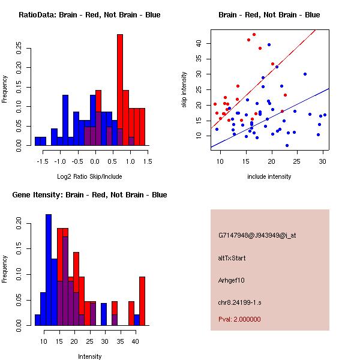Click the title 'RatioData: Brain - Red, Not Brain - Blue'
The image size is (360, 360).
[89, 15]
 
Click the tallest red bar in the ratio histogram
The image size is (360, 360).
[120, 90]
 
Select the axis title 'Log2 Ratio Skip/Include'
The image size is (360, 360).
[90, 176]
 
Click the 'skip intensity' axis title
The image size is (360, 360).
[184, 90]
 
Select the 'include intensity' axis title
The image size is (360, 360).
[269, 176]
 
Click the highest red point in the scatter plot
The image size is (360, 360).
[254, 35]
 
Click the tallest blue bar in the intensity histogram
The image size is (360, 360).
[49, 270]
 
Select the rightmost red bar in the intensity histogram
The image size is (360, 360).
[142, 301]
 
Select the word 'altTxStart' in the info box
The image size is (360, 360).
[232, 258]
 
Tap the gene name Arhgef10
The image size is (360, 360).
[232, 280]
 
